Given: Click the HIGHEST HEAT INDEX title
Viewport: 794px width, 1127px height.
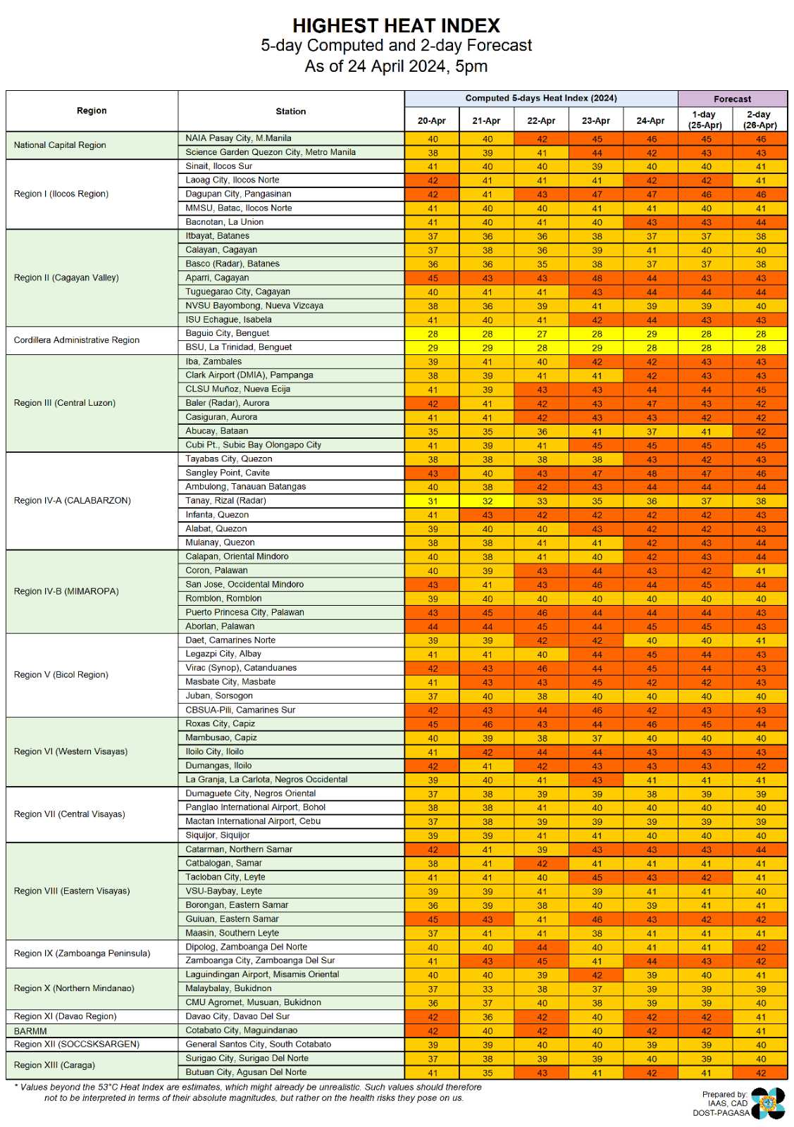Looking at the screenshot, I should [396, 26].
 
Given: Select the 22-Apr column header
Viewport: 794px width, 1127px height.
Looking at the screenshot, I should [541, 120].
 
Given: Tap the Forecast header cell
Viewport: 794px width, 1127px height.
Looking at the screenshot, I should [732, 99].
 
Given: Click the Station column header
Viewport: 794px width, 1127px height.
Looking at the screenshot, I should [290, 111].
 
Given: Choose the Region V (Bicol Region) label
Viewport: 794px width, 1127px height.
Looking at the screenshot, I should [61, 675].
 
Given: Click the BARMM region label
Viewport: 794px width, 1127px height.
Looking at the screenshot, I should [30, 1031].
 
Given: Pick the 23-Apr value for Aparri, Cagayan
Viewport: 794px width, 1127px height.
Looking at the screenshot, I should [596, 278].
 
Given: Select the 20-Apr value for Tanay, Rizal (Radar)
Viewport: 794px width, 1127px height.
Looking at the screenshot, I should [432, 502].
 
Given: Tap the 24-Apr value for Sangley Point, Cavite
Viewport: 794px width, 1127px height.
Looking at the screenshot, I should [651, 473].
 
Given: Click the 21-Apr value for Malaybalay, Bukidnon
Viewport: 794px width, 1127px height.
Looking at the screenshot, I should [487, 989].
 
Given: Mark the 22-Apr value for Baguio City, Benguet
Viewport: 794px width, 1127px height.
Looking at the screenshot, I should [541, 334].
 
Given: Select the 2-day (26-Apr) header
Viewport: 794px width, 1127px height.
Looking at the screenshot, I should [759, 120].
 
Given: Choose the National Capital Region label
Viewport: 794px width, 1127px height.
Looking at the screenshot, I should [60, 145].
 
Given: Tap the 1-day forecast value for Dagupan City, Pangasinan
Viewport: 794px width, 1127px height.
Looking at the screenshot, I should [705, 194].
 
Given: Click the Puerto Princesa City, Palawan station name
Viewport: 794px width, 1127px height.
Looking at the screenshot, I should [244, 612].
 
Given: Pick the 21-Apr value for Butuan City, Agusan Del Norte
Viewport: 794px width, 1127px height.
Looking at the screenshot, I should [487, 1073].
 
